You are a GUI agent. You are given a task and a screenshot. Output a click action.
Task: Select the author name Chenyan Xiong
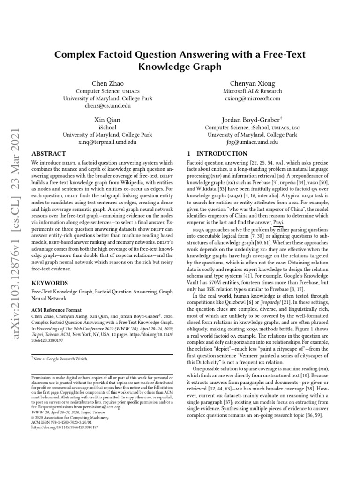[253, 83]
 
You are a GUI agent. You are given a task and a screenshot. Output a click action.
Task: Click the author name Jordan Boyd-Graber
[251, 120]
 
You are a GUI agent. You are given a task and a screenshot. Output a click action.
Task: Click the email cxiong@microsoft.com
[253, 99]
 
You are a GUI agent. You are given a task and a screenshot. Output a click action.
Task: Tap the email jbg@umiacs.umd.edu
[253, 142]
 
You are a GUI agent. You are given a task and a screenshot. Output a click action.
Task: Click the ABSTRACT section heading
[48, 153]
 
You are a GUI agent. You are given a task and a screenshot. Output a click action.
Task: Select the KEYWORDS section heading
[49, 283]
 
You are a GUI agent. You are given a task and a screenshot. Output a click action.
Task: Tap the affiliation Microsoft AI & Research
[253, 91]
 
